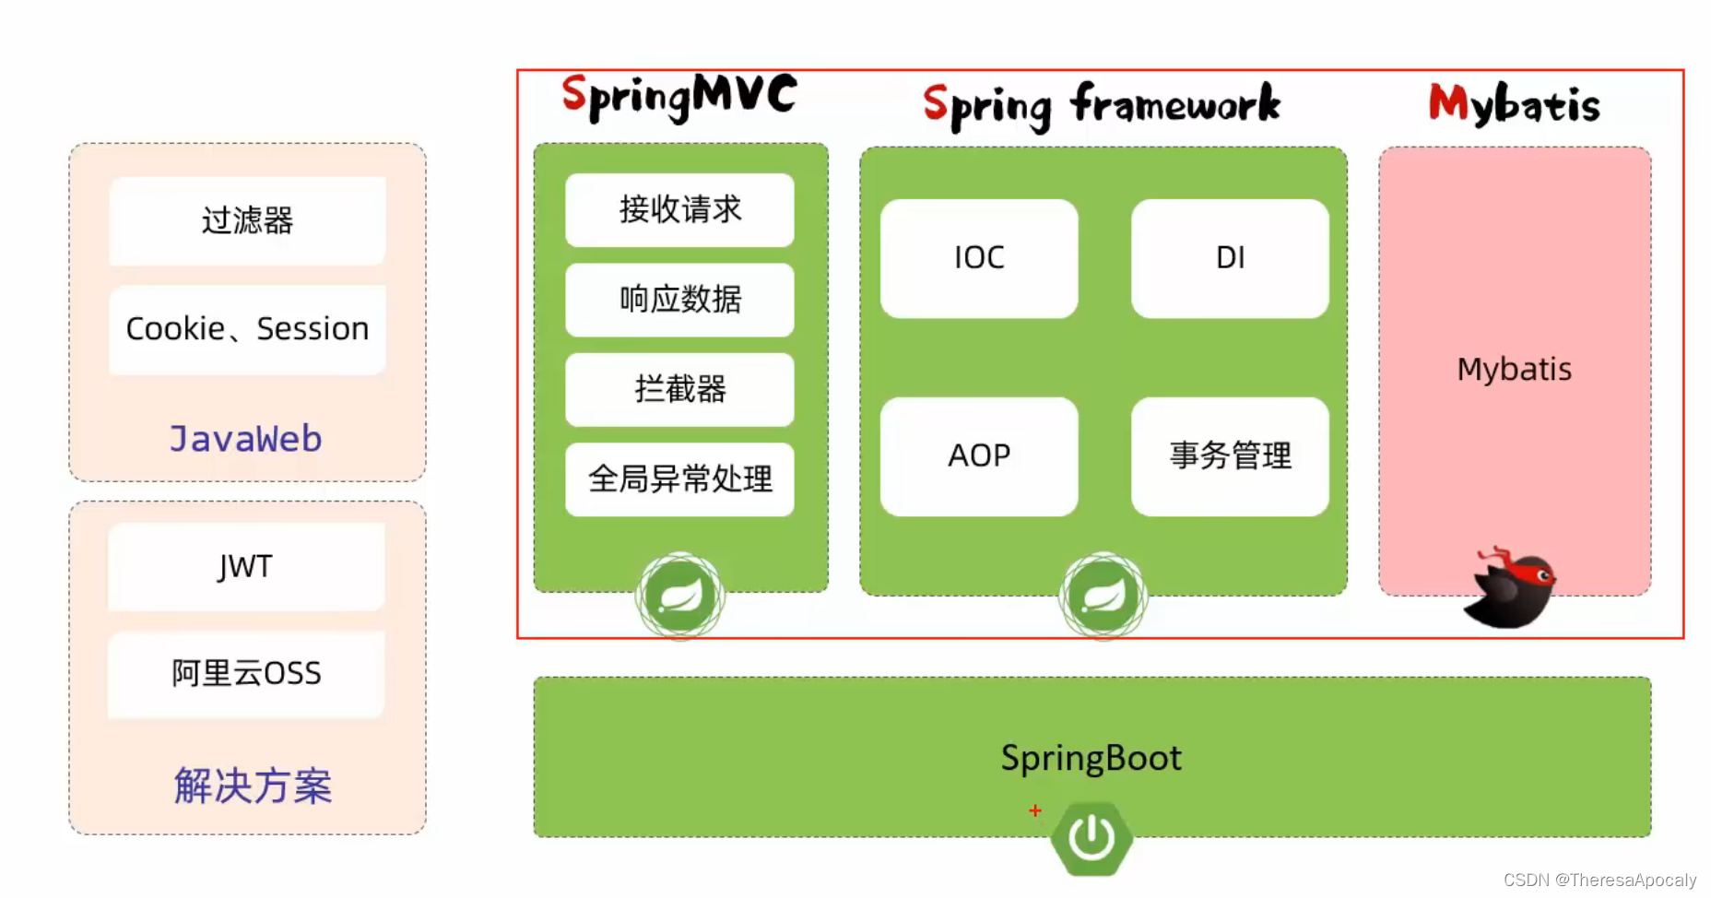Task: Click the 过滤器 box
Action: pos(247,220)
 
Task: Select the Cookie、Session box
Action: pos(247,329)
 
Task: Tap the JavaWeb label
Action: pos(246,439)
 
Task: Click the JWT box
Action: pos(246,566)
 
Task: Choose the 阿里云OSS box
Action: pos(246,673)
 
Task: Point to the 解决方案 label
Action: pos(253,786)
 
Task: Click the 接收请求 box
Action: pos(679,210)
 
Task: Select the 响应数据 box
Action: pos(679,300)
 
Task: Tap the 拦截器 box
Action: pos(679,389)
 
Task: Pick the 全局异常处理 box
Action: pos(679,479)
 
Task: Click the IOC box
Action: pos(979,258)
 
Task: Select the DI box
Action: pos(1230,258)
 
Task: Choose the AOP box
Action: pos(979,455)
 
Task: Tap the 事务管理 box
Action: pos(1230,455)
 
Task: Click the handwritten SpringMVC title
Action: pos(679,98)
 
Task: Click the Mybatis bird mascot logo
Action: pos(1512,588)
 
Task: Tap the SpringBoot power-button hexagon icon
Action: pos(1091,838)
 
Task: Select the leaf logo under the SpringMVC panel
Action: pos(680,596)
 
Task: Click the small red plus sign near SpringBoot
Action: pos(1035,810)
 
